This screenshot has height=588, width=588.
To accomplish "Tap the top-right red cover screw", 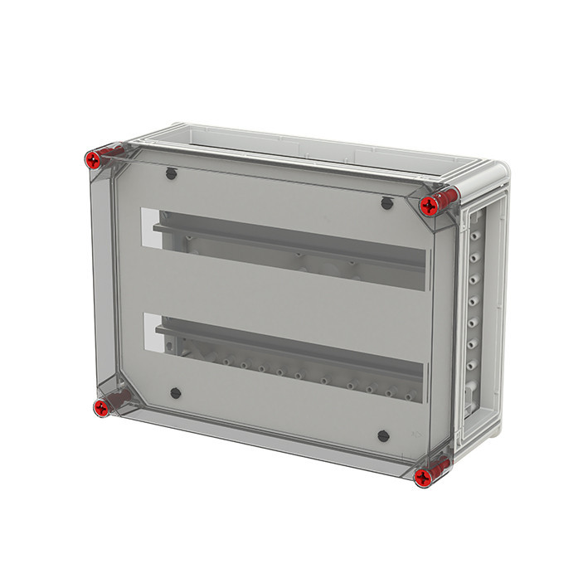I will [430, 204].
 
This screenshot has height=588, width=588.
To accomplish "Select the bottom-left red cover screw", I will [101, 406].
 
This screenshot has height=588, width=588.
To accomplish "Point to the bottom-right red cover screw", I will [423, 476].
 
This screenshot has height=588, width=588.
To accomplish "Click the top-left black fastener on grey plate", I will [171, 173].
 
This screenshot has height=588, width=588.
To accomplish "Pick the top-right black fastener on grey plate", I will [386, 203].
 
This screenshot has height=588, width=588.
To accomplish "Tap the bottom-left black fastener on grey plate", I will [174, 394].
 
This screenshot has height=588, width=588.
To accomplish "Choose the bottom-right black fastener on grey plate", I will [383, 435].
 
